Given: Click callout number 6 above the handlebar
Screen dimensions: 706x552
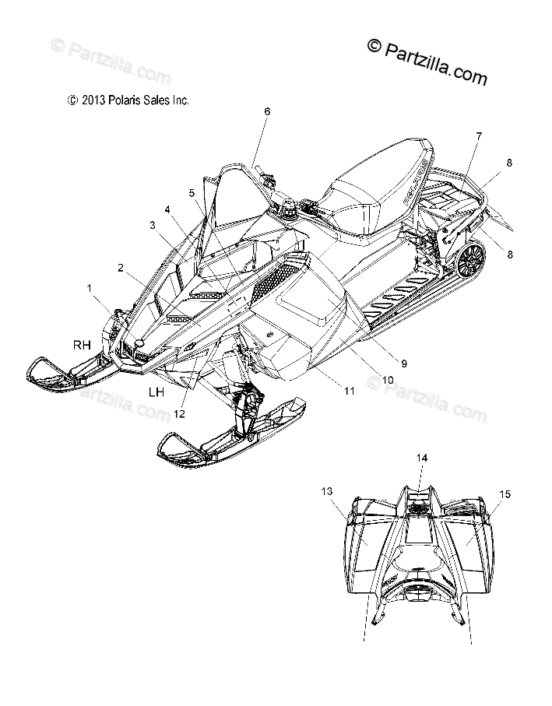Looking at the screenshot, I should point(267,111).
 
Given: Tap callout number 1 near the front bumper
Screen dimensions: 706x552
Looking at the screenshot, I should point(90,288).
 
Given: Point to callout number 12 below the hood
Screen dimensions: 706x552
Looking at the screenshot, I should point(180,414).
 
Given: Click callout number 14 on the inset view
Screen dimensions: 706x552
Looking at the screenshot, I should point(421,459).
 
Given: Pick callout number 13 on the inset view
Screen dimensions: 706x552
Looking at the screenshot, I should point(326,490).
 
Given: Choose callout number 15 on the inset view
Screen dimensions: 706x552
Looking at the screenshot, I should point(505,493).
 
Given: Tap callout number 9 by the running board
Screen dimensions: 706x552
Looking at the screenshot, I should point(404,363).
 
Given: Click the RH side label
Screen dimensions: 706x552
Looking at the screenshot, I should point(83,343).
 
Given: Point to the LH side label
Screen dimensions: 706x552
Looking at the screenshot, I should point(156,393).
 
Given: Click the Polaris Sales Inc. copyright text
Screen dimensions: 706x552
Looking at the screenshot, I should point(128,100).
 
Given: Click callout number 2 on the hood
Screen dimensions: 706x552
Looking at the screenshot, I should point(121,268).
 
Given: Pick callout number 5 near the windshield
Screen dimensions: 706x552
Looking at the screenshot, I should point(192,192).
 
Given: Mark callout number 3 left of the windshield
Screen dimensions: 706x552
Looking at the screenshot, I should point(153,225).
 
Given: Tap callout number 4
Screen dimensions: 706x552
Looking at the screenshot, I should point(167,209).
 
